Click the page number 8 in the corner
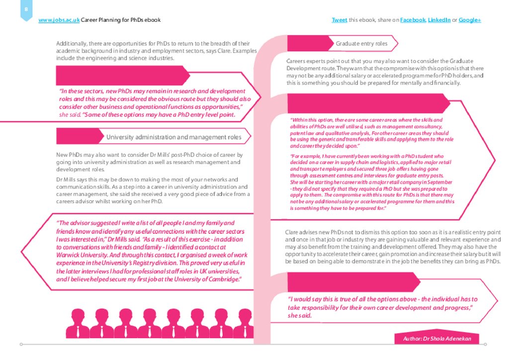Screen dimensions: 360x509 [26, 10]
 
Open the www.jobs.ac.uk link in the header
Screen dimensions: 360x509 [59, 20]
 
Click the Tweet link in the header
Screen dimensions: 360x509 [339, 20]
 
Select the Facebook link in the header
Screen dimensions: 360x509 [413, 20]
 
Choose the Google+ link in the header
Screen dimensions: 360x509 [470, 20]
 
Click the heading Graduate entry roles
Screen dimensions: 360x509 [361, 44]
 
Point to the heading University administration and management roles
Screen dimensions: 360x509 [174, 137]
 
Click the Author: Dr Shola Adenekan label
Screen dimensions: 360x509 [437, 339]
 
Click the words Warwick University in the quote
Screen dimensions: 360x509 [80, 255]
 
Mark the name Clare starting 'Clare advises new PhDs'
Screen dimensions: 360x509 [292, 232]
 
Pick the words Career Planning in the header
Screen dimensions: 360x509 [100, 20]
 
